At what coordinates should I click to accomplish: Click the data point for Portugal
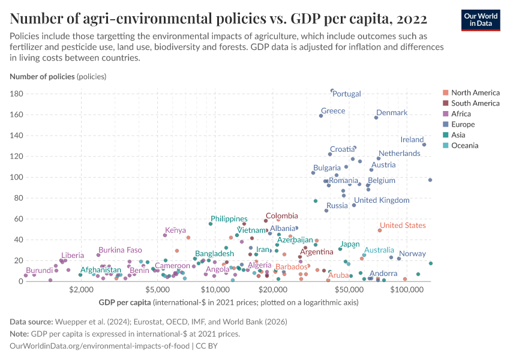click(x=332, y=91)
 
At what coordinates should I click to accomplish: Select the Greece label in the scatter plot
click(x=333, y=111)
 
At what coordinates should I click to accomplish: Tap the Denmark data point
click(x=376, y=117)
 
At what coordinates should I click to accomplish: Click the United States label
click(x=403, y=226)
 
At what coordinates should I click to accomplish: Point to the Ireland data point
click(x=424, y=145)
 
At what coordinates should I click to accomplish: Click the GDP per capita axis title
click(x=125, y=301)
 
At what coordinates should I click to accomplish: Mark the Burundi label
click(x=40, y=271)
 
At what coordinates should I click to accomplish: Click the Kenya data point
click(x=165, y=235)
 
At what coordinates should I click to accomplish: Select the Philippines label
click(x=229, y=219)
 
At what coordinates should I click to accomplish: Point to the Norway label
click(x=412, y=254)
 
